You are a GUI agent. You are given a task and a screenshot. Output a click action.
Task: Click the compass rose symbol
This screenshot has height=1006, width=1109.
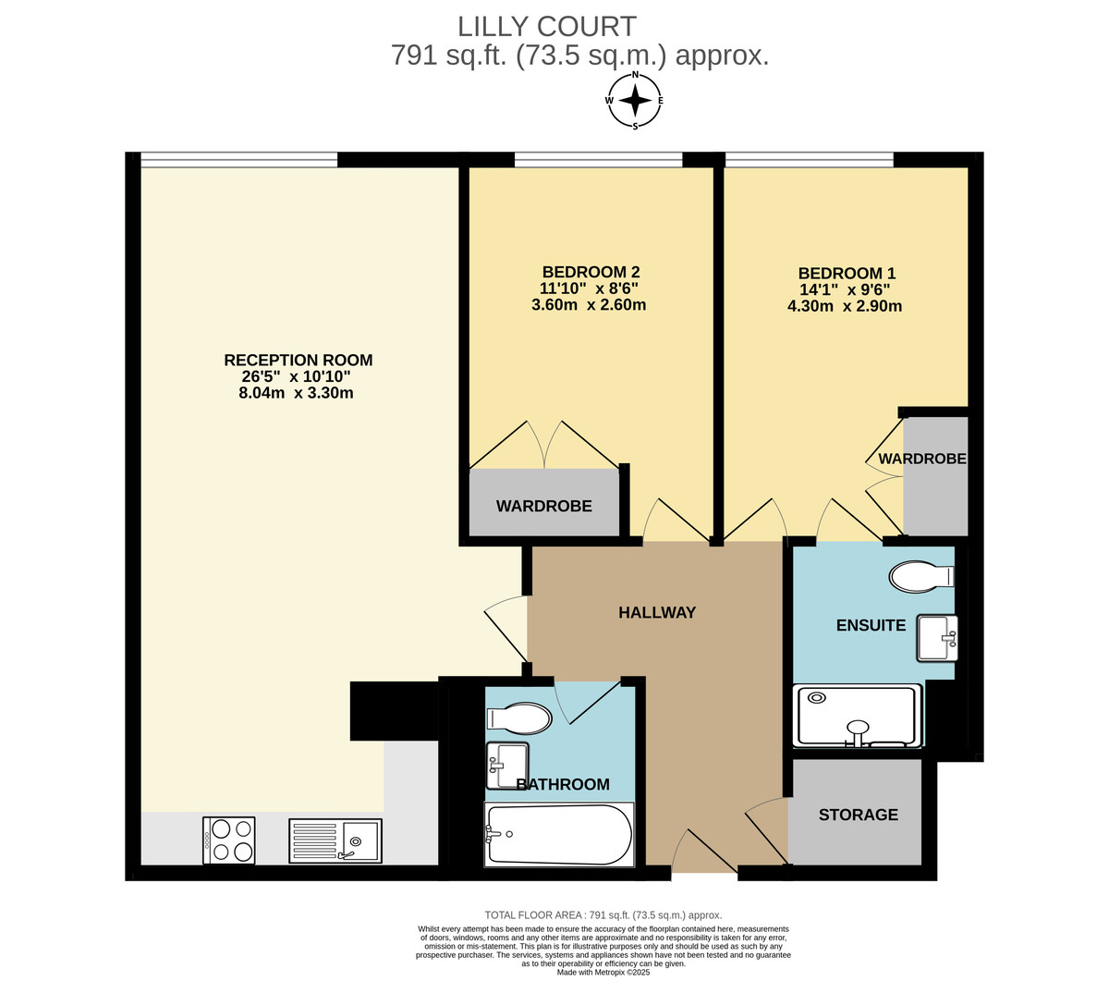click(634, 100)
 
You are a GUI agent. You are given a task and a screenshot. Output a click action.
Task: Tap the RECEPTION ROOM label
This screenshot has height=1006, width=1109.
click(298, 360)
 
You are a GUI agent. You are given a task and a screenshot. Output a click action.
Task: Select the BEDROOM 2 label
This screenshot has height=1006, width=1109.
click(590, 272)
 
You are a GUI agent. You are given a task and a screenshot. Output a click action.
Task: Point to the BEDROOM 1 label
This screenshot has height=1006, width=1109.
click(846, 273)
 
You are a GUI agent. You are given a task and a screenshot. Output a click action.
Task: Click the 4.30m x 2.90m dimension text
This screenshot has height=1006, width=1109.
click(844, 306)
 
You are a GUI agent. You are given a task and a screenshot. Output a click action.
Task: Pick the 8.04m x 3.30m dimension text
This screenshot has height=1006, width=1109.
click(296, 393)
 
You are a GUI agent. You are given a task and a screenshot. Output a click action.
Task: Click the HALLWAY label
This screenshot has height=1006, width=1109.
click(656, 612)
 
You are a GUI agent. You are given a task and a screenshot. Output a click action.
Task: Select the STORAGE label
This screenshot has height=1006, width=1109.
click(858, 815)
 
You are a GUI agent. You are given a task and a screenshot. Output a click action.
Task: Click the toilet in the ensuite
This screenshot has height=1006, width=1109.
click(920, 577)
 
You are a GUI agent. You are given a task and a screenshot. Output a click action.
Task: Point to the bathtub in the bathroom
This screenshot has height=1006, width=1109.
click(558, 835)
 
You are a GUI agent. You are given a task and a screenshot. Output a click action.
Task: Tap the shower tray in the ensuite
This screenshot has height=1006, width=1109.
click(859, 715)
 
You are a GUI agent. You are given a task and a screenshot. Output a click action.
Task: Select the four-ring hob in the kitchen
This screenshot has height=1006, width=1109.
click(229, 840)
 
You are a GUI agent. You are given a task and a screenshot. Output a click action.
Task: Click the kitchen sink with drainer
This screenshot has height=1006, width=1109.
click(335, 840)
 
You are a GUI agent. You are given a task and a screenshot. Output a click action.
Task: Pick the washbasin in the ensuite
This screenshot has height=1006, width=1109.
click(937, 638)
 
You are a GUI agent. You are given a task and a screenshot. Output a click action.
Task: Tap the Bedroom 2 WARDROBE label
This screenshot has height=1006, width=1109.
click(543, 506)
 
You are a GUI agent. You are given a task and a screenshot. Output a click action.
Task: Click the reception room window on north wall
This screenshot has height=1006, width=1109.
click(238, 160)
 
